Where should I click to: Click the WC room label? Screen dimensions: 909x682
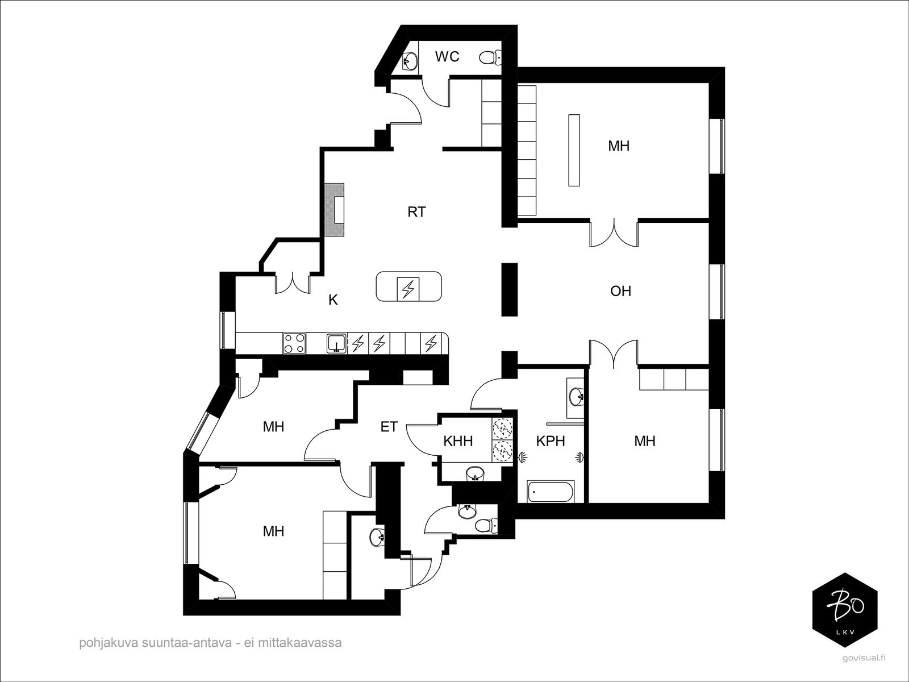tap(447, 56)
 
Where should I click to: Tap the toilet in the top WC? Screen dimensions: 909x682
tap(490, 57)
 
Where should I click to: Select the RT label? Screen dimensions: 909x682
tap(416, 212)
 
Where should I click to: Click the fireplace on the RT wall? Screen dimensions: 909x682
tap(335, 210)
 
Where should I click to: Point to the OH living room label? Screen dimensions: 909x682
tap(620, 291)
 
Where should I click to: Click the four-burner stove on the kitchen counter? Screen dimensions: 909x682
tap(294, 343)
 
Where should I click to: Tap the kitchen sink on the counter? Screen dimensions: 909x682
tap(337, 344)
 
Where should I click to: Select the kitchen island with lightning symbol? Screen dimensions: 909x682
tap(408, 286)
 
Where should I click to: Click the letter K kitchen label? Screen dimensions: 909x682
tap(333, 300)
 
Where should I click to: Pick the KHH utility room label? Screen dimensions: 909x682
tap(457, 442)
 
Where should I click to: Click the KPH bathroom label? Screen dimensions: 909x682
tap(551, 442)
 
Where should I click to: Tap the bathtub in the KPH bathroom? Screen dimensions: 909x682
tap(551, 492)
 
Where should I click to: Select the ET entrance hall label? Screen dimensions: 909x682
tap(389, 426)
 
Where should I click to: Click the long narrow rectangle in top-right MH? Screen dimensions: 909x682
tap(574, 150)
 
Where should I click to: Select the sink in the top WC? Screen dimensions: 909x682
tap(410, 62)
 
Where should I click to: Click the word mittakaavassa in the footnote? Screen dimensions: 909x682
tap(299, 643)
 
